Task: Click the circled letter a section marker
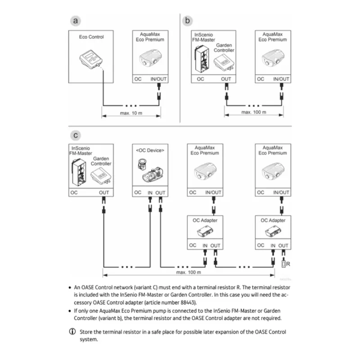[76, 21]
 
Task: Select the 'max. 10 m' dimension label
[131, 112]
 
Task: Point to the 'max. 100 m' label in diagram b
[253, 112]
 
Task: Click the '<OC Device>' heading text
[150, 150]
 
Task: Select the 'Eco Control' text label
[91, 37]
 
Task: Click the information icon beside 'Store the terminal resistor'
[72, 332]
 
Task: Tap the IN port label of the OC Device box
[150, 192]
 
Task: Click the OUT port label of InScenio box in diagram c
[104, 192]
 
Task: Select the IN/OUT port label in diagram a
[158, 79]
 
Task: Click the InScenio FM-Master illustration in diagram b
[201, 59]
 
